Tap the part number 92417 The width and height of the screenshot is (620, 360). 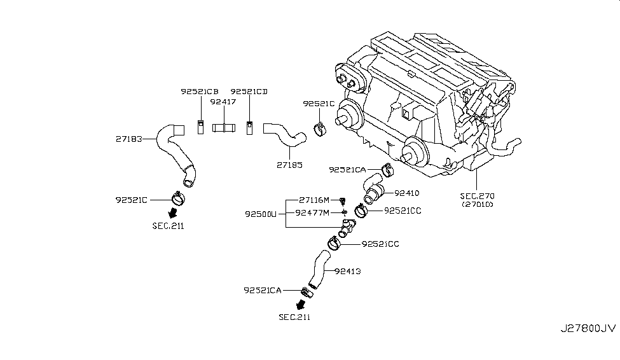click(x=223, y=100)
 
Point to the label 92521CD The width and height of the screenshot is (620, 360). click(x=249, y=92)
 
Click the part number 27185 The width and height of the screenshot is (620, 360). click(x=289, y=165)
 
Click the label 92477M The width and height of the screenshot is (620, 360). click(x=314, y=212)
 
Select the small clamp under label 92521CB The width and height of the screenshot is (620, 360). click(x=200, y=127)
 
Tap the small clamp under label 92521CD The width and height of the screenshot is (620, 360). click(x=250, y=127)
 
